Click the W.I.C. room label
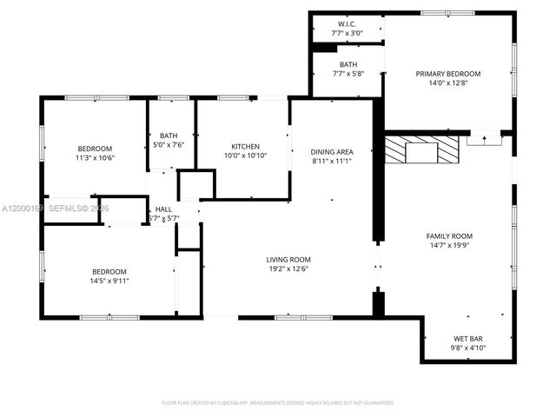(x=347, y=23)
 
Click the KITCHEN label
(x=245, y=146)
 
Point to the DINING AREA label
(x=332, y=151)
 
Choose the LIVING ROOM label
(x=288, y=259)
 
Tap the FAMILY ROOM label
(x=448, y=236)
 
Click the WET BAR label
(x=467, y=338)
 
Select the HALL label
(x=163, y=208)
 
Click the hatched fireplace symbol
(x=421, y=149)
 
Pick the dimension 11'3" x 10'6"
(x=95, y=158)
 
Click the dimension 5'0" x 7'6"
(x=169, y=144)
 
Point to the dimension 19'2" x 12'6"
(x=288, y=268)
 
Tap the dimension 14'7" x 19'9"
(x=448, y=246)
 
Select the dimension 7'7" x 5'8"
(x=347, y=74)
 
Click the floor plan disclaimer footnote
(x=278, y=402)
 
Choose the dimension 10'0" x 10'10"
(x=245, y=156)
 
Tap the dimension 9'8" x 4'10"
(x=467, y=347)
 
